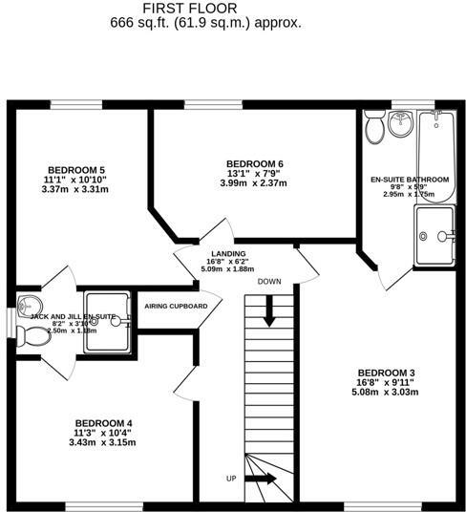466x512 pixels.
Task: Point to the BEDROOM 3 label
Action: click(387, 372)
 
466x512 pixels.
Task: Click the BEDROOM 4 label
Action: click(103, 422)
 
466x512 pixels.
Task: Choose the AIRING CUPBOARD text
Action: click(176, 306)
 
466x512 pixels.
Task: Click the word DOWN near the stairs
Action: click(269, 282)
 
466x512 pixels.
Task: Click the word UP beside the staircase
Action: click(231, 478)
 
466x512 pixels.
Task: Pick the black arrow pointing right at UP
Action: click(265, 478)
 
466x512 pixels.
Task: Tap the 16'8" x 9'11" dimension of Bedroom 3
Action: click(387, 382)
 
